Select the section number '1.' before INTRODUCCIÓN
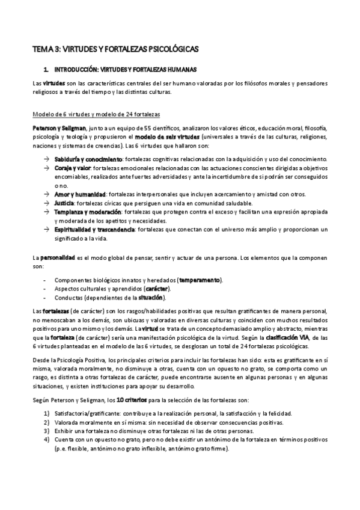pyautogui.click(x=46, y=70)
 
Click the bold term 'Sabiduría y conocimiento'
pyautogui.click(x=88, y=159)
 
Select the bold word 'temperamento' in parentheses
pyautogui.click(x=199, y=280)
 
